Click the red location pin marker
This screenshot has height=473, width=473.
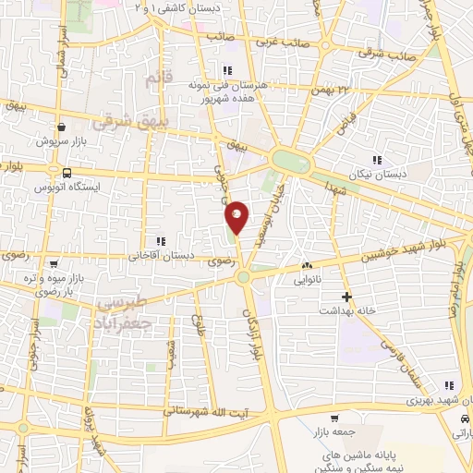coord(237,216)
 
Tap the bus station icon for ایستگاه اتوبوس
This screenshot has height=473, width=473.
coord(67,173)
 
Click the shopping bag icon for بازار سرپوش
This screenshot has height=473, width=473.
coord(61,127)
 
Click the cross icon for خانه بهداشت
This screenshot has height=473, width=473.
coord(346,297)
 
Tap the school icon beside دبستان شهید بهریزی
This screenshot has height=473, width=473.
coord(449,386)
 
